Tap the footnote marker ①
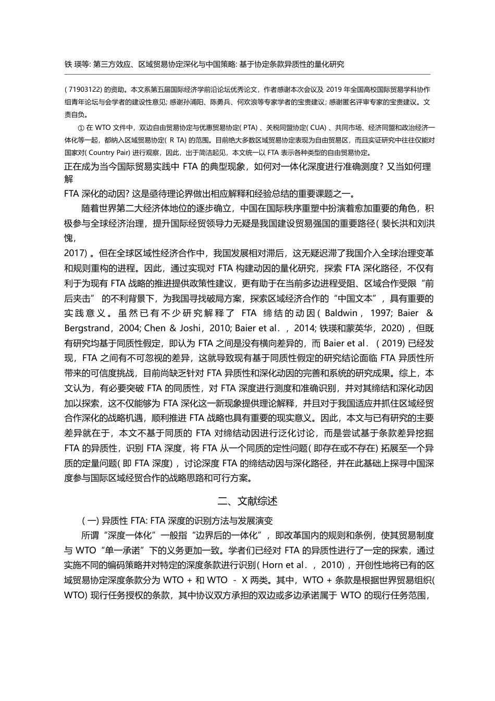(x=80, y=127)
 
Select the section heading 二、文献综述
(x=247, y=501)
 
